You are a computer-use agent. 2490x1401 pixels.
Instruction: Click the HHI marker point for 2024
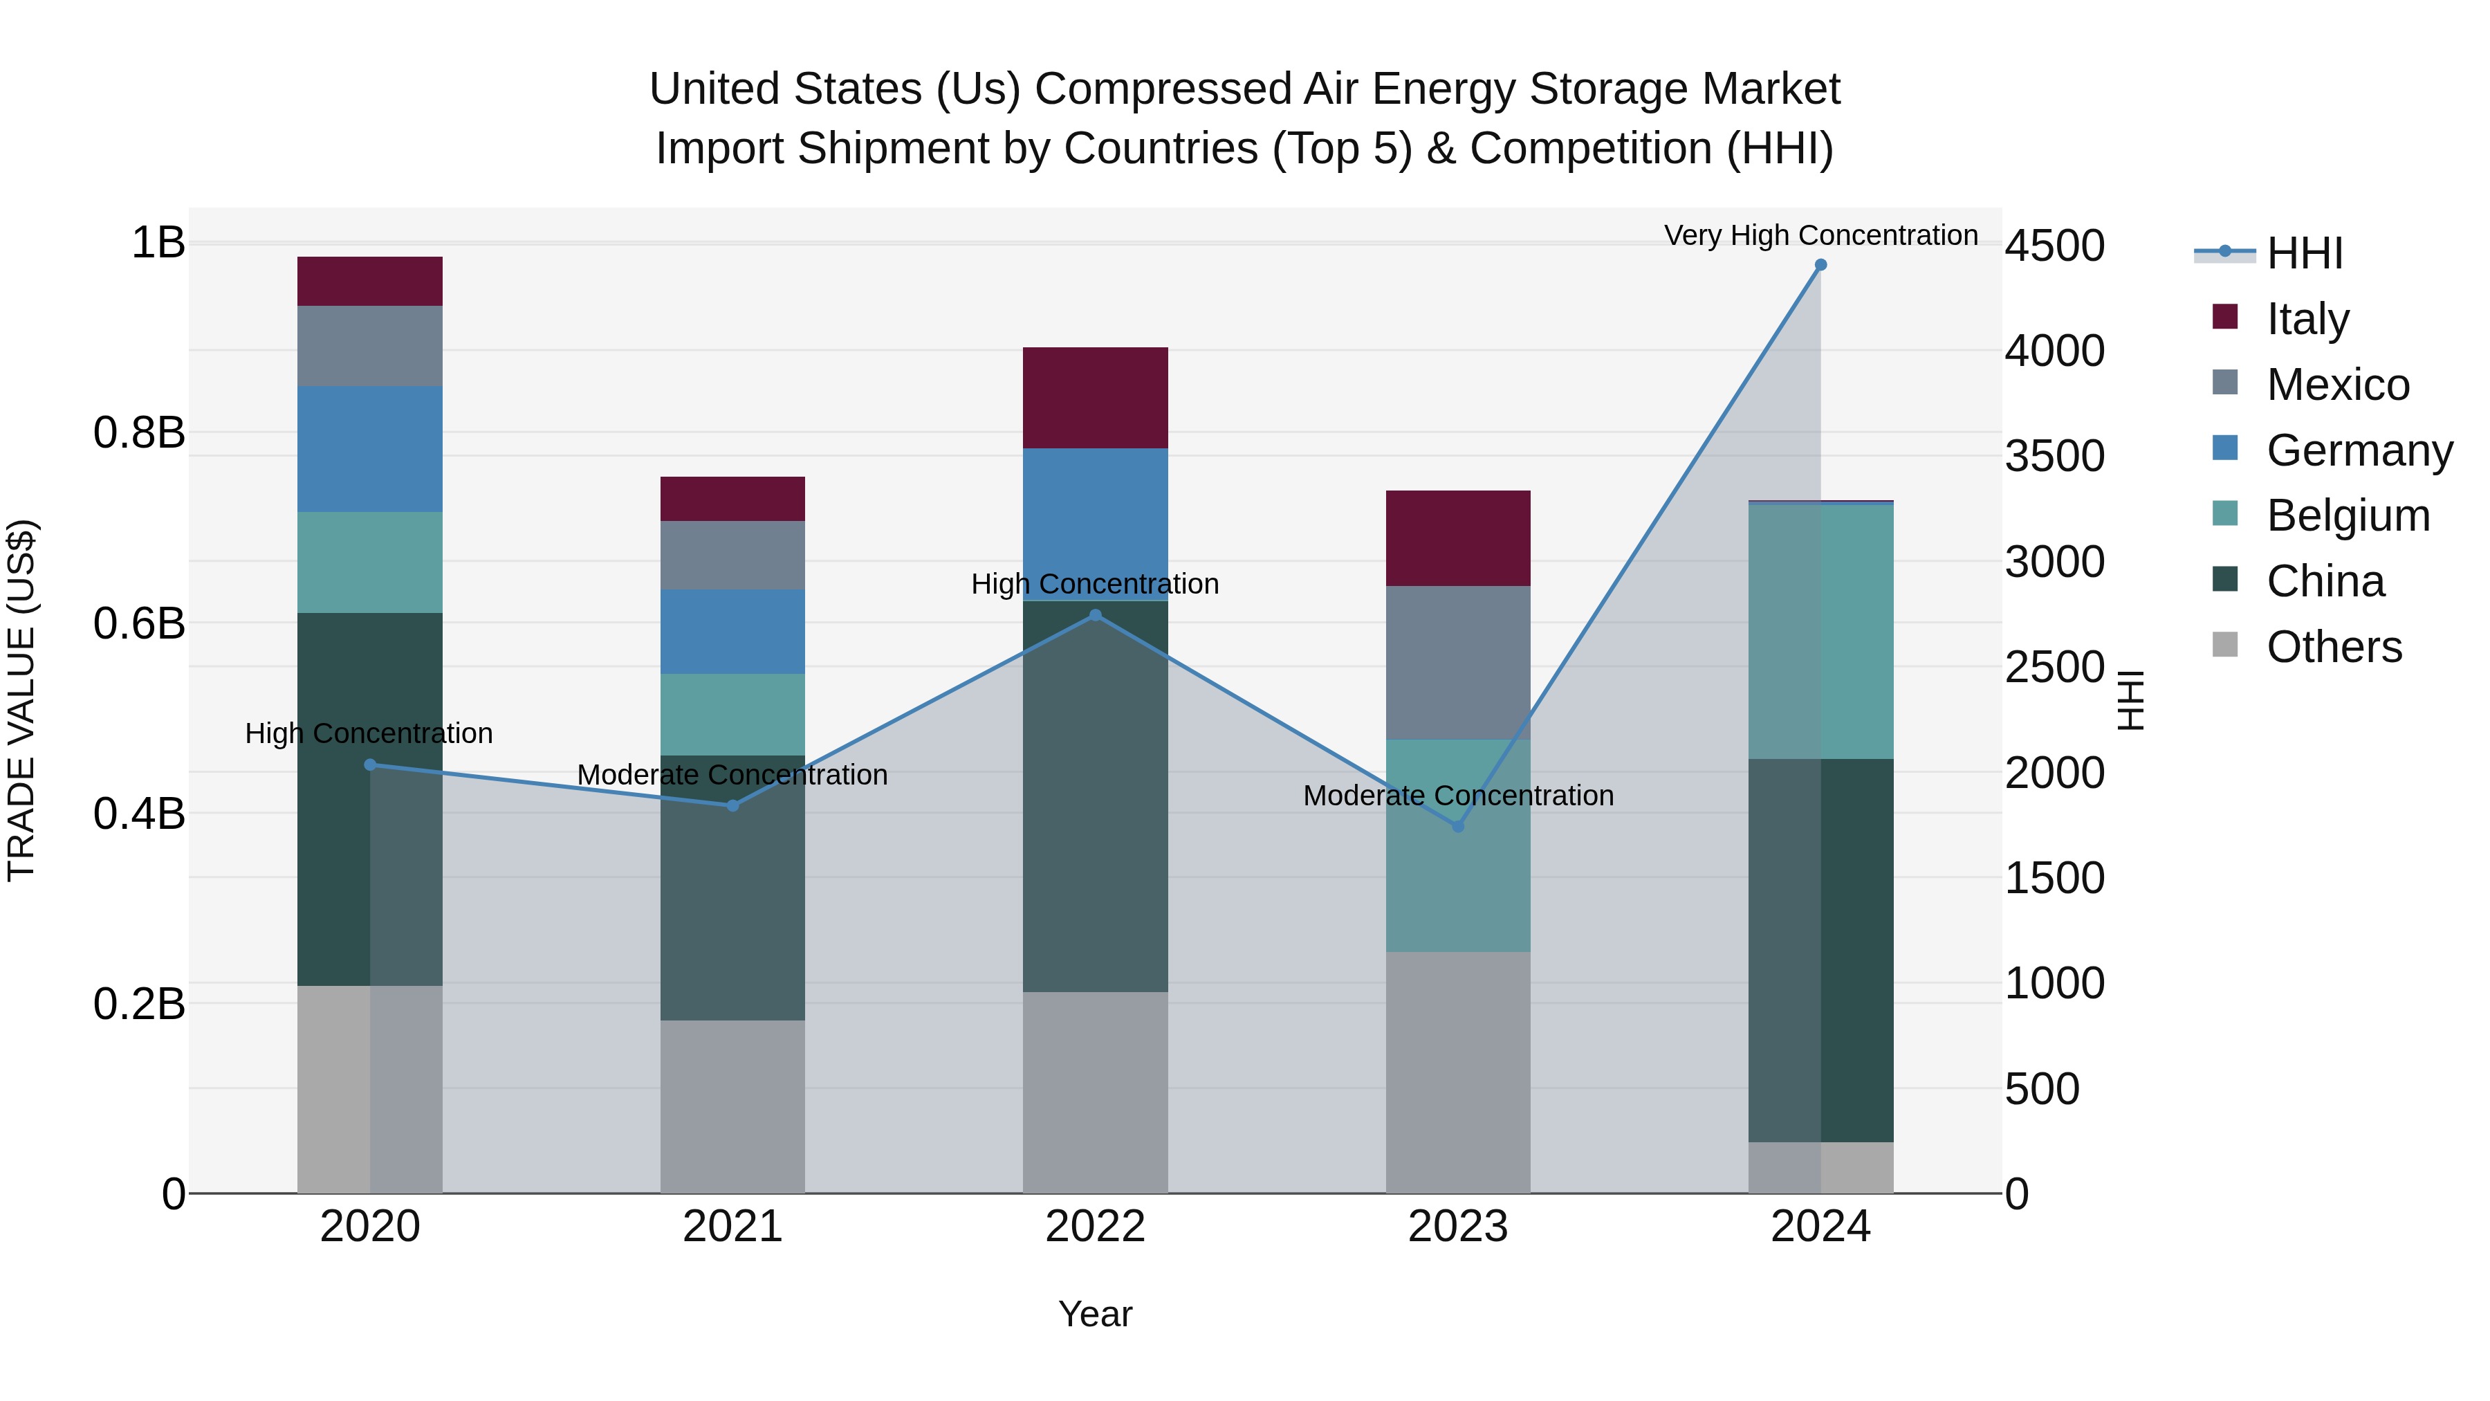pos(1820,265)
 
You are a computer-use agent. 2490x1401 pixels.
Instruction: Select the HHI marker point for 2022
pos(1095,615)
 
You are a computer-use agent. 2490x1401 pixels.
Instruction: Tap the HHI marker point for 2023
pos(1457,825)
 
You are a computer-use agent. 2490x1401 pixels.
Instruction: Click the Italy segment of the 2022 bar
pos(1095,397)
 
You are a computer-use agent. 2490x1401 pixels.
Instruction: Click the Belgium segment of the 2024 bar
pos(1820,632)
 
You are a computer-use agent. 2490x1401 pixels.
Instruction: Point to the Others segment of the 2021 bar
pos(732,1106)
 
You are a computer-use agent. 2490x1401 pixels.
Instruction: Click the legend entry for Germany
pos(2359,450)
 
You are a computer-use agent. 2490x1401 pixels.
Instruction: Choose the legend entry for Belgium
pos(2347,515)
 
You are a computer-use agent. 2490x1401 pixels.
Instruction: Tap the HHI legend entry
pos(2305,253)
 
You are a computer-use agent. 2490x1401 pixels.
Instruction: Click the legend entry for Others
pos(2334,647)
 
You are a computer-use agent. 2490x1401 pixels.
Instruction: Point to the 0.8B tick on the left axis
pos(139,432)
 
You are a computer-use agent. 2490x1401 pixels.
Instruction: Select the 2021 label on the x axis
pos(732,1227)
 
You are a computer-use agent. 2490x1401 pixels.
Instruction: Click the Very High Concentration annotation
pos(1820,235)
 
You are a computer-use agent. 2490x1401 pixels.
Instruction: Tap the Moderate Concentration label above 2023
pos(1457,796)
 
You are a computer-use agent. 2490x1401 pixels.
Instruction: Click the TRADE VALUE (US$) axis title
pos(21,700)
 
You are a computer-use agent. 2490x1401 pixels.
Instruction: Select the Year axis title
pos(1095,1314)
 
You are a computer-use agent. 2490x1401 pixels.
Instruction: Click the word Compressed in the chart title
pos(1163,89)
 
